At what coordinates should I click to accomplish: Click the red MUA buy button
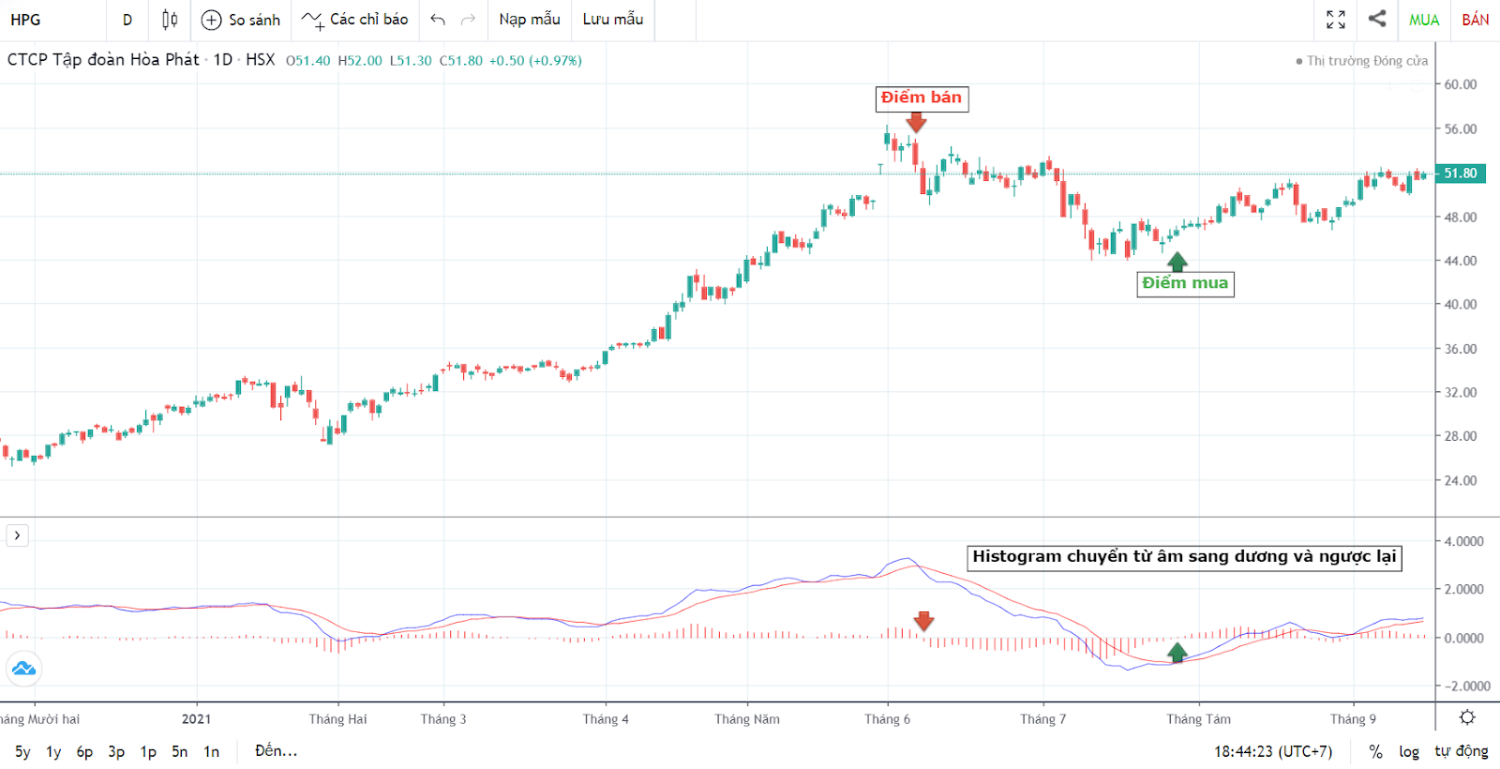coord(1423,20)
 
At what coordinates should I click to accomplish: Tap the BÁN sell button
coord(1475,20)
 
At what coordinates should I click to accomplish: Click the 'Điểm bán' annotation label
coord(922,98)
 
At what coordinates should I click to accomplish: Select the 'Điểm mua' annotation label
coord(1185,283)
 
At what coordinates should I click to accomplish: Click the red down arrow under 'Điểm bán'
coord(916,122)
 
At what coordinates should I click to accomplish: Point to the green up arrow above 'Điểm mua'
coord(1177,262)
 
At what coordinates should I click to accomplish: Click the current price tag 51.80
coord(1460,173)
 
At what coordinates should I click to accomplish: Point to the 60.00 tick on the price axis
coord(1460,84)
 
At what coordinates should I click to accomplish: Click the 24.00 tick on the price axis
coord(1460,480)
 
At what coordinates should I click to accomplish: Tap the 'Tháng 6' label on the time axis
coord(887,719)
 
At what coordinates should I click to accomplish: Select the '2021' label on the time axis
coord(196,719)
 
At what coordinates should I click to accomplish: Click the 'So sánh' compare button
coord(241,20)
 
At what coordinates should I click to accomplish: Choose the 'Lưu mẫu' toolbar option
coord(612,20)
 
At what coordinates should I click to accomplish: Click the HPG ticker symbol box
coord(26,20)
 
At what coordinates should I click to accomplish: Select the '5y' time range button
coord(22,751)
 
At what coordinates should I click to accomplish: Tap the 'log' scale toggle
coord(1408,751)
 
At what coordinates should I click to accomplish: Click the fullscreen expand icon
coord(1336,20)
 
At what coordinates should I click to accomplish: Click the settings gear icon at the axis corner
coord(1467,717)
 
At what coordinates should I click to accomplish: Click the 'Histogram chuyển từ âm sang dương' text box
coord(1184,557)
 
